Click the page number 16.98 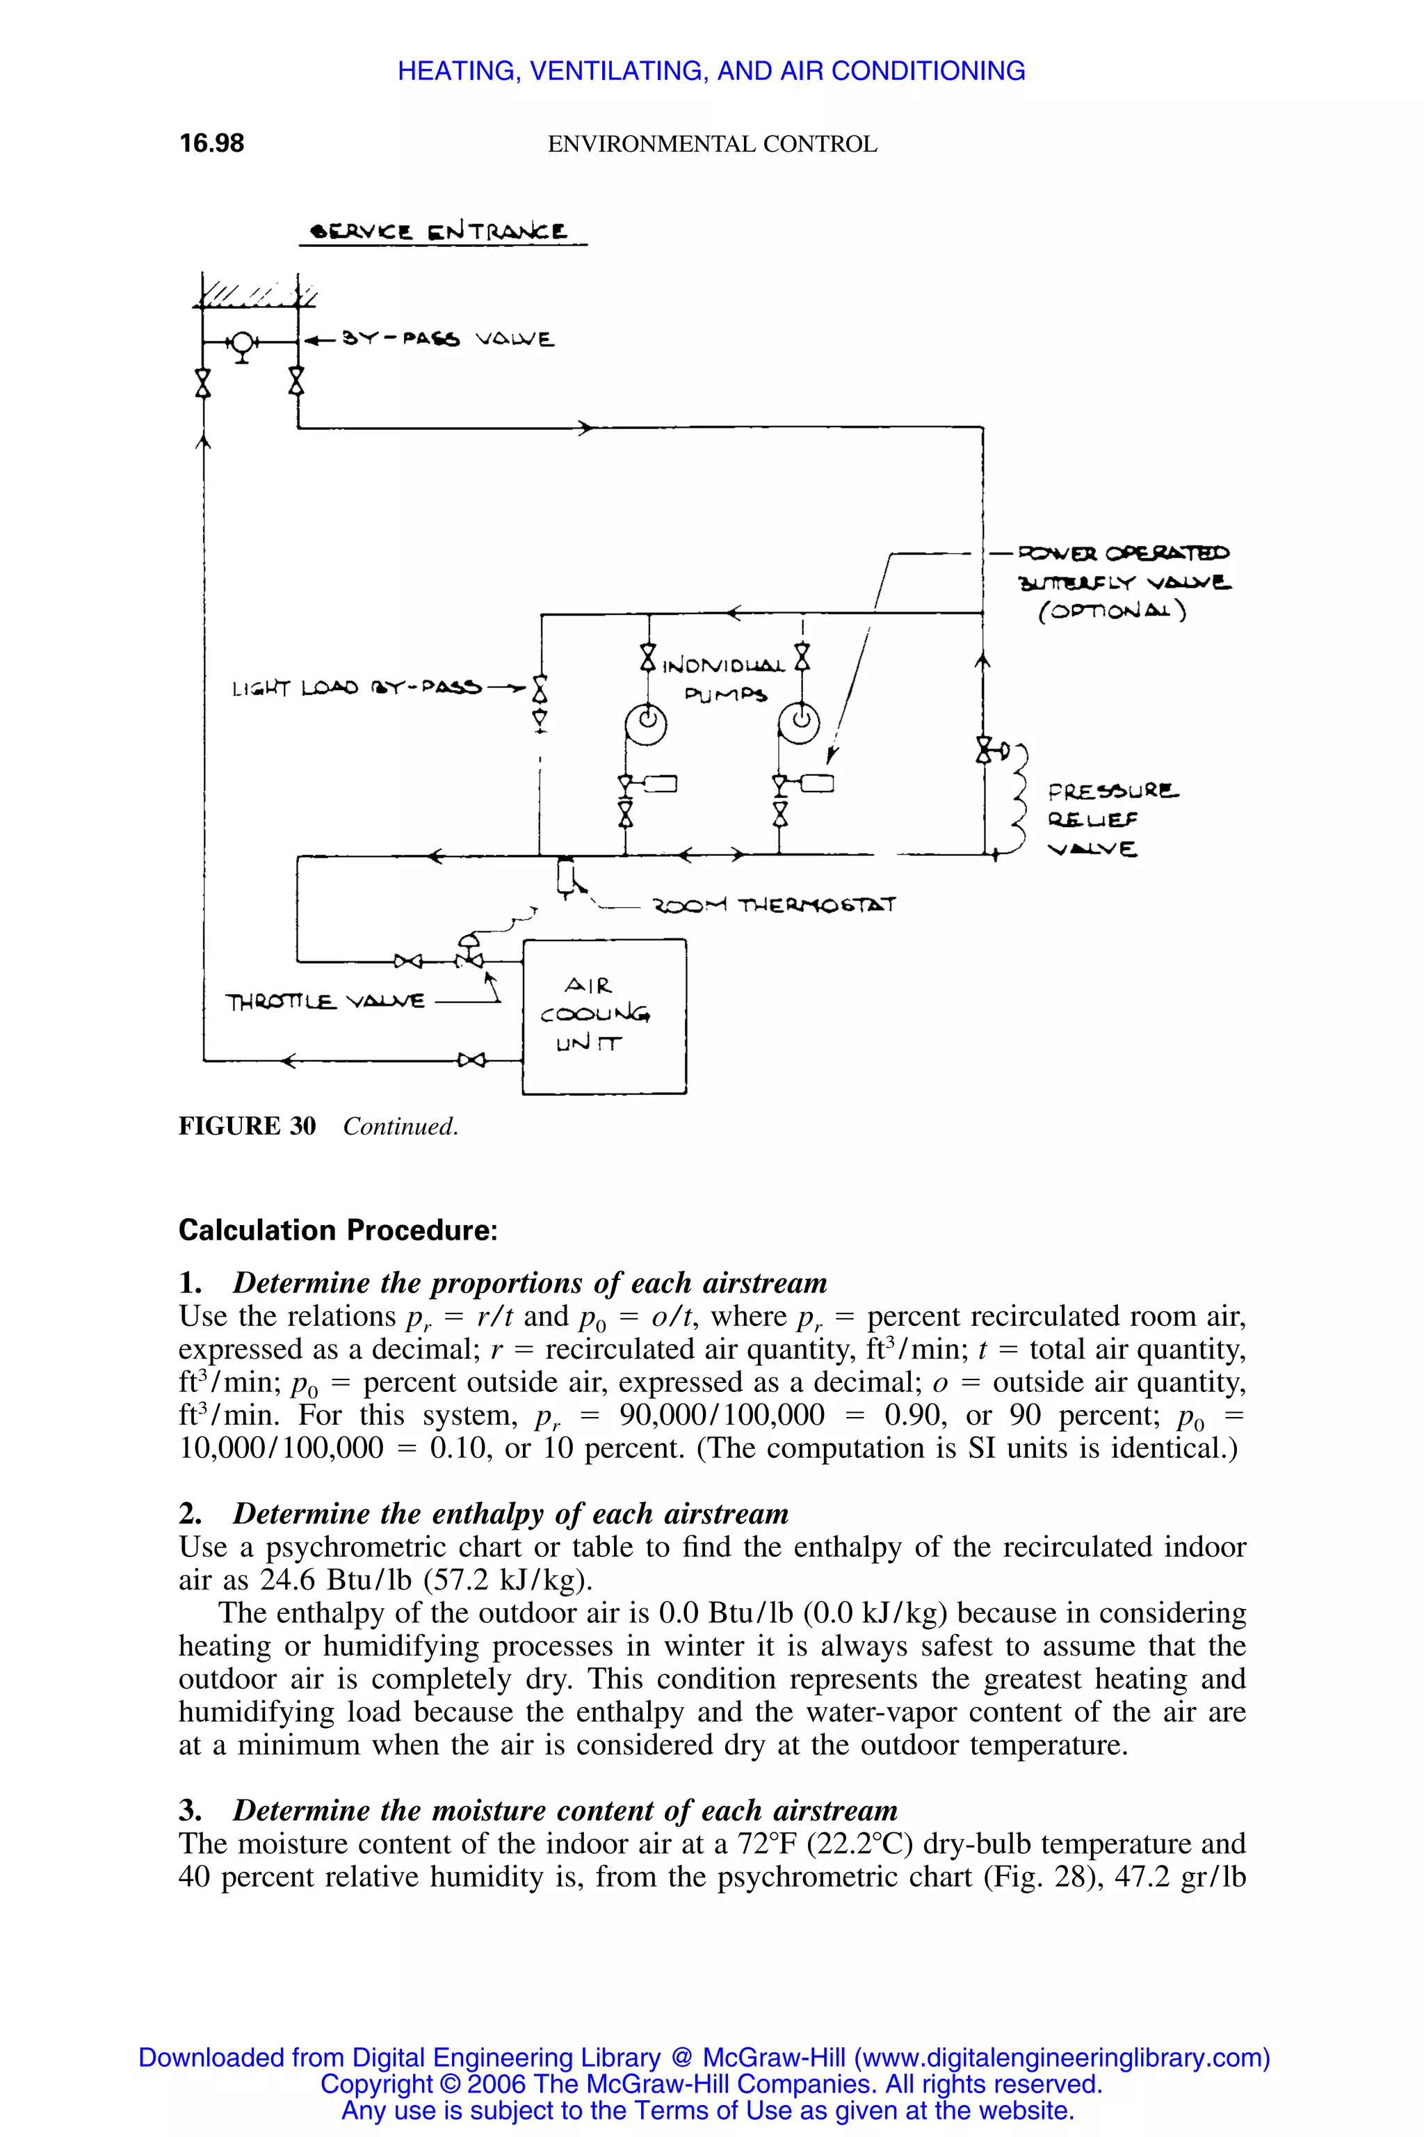(x=211, y=143)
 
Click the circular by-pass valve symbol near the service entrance (x=241, y=342)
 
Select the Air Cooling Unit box (x=604, y=1016)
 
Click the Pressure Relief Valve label (x=1112, y=819)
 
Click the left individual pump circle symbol (x=646, y=724)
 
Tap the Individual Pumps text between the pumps (x=724, y=680)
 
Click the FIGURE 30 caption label (x=247, y=1127)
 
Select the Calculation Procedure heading (x=338, y=1230)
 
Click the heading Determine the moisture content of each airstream (x=564, y=1810)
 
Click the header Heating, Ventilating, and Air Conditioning (x=711, y=71)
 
